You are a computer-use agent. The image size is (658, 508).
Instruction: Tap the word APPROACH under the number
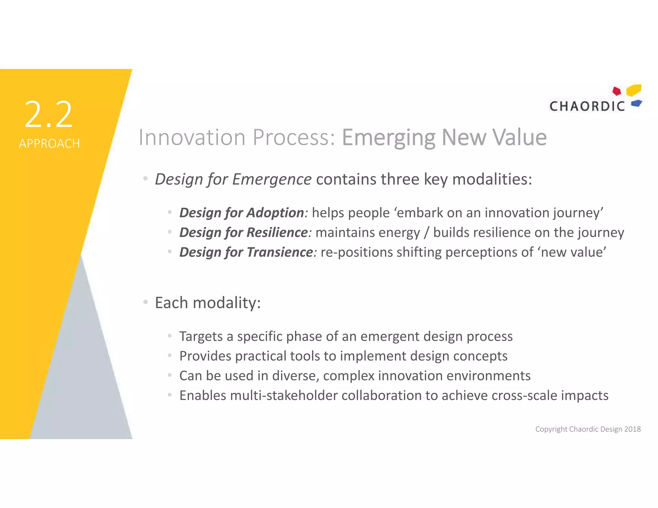[49, 144]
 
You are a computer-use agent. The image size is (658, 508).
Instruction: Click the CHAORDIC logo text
[587, 106]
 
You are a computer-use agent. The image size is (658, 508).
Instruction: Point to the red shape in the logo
[617, 91]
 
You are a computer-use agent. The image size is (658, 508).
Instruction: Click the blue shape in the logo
[636, 103]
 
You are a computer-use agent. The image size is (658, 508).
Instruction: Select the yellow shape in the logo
[634, 90]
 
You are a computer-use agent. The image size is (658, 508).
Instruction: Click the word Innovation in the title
[192, 137]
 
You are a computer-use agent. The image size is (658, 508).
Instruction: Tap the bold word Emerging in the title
[388, 137]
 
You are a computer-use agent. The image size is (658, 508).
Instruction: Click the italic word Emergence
[271, 179]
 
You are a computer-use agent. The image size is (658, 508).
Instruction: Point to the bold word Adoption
[275, 213]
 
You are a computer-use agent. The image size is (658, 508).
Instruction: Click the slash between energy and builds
[426, 233]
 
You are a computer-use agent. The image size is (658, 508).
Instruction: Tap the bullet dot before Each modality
[146, 302]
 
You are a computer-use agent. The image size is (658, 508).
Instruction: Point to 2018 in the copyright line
[632, 429]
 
